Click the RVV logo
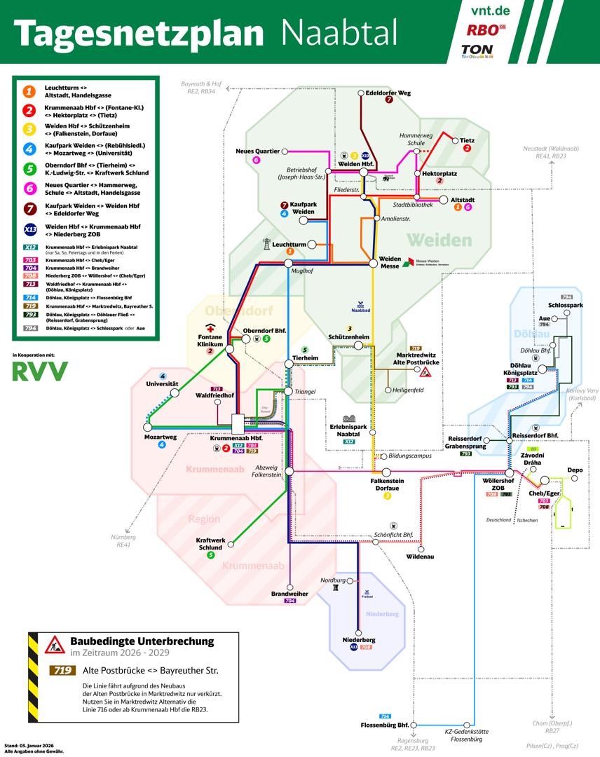point(40,371)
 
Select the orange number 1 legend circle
point(29,91)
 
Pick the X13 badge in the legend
point(30,229)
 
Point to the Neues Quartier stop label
point(257,151)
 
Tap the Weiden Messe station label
point(390,263)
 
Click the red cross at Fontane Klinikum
point(210,327)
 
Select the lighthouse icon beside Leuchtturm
point(266,244)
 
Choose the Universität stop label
point(163,384)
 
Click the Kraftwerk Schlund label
point(210,544)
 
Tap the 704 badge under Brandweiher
point(290,601)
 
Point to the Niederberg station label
point(359,640)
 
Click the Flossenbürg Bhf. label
point(385,725)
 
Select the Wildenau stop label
point(421,557)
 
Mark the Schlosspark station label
point(567,306)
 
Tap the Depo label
point(575,470)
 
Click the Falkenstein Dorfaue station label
point(388,485)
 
